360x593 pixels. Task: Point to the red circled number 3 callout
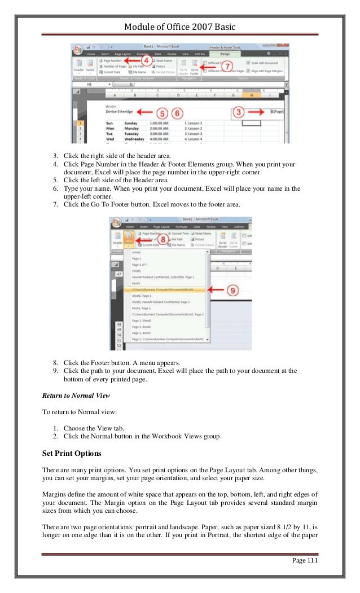click(239, 113)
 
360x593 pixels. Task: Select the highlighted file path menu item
click(163, 289)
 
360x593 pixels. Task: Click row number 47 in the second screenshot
click(119, 274)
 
